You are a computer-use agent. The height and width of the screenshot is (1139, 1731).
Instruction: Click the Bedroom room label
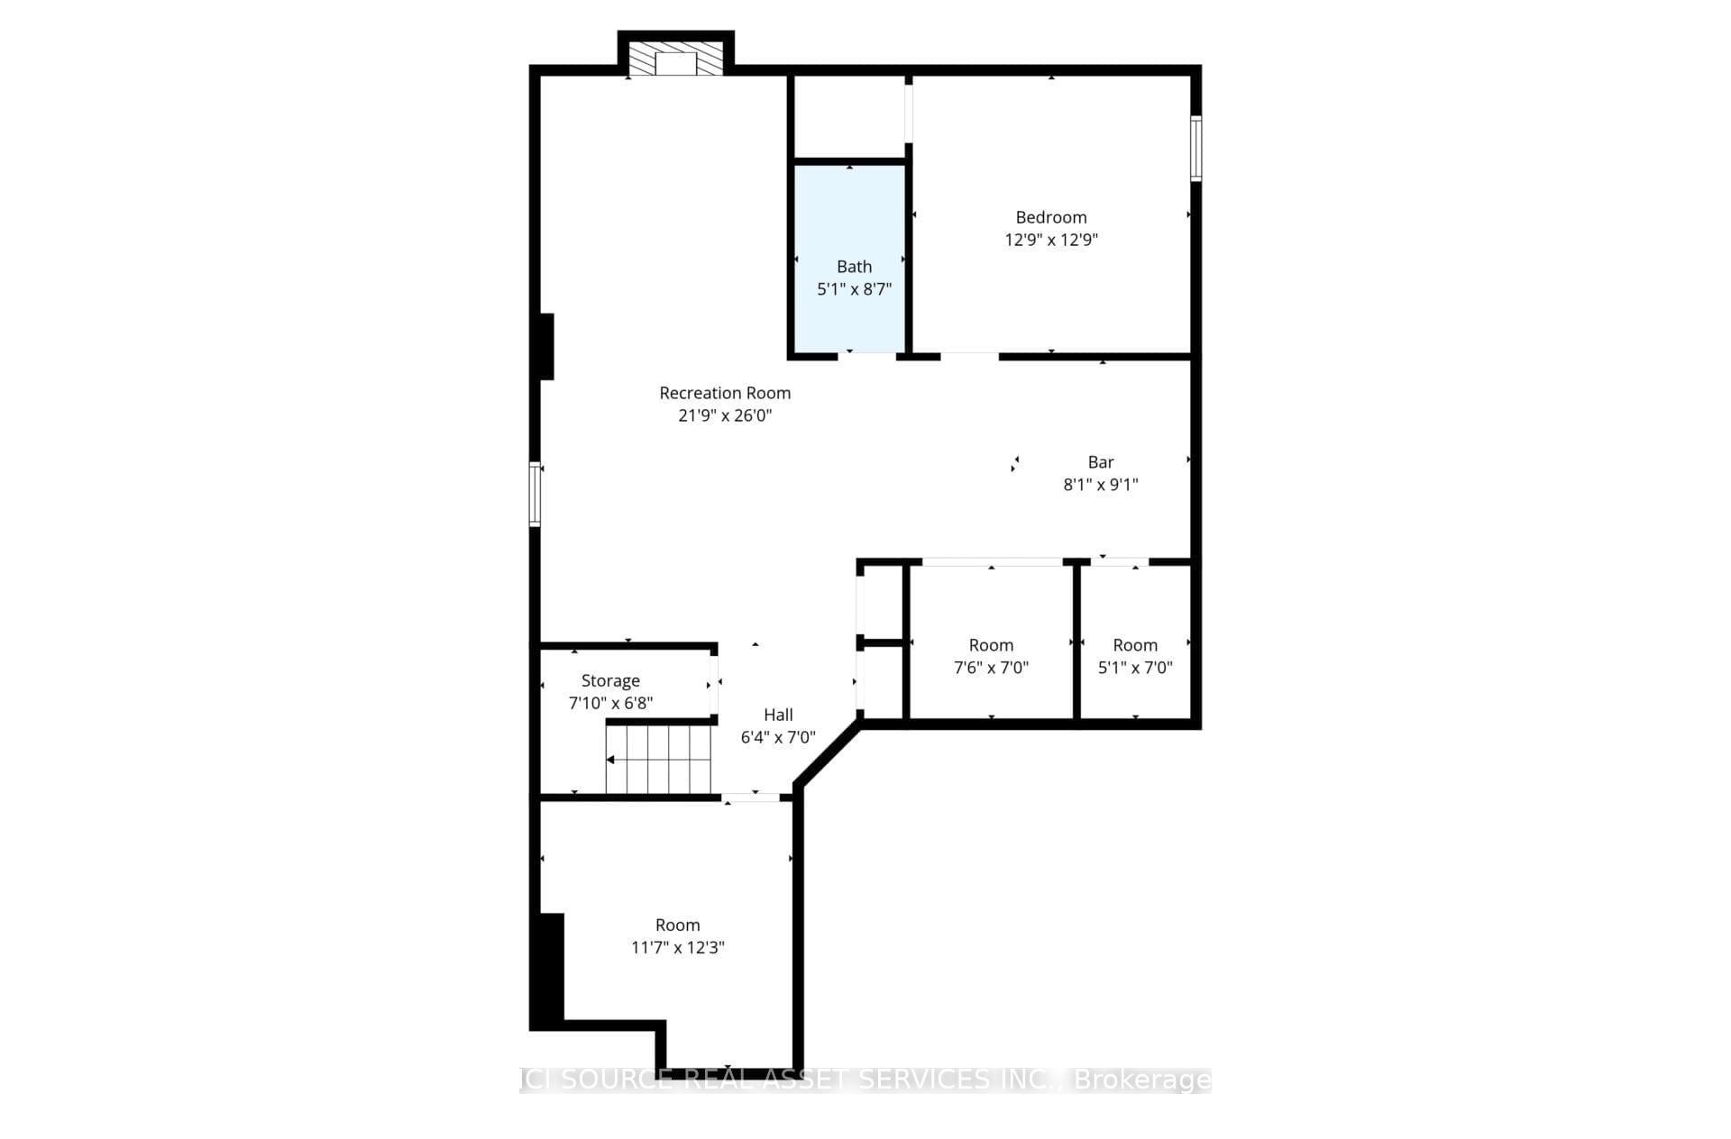[1050, 217]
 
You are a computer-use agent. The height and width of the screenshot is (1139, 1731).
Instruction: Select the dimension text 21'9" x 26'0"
[725, 415]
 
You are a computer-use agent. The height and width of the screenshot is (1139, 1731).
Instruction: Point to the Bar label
[1100, 462]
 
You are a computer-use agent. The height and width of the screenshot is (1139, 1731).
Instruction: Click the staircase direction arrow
[611, 760]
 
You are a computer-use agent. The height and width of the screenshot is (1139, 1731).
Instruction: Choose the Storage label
[610, 680]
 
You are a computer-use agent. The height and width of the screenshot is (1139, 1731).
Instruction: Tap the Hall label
[778, 715]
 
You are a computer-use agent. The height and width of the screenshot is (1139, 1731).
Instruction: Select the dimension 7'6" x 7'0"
[991, 668]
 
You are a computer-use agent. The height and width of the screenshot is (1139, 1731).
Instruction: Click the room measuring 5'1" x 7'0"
[1135, 645]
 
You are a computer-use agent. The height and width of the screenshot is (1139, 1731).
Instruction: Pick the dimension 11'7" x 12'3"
[677, 947]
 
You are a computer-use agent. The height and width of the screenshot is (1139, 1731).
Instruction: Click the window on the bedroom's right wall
[1195, 148]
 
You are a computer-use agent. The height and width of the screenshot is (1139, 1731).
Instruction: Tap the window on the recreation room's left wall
[535, 493]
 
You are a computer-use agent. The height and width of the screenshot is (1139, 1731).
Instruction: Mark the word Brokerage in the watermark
[1141, 1080]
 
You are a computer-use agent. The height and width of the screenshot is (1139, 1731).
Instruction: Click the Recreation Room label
[725, 393]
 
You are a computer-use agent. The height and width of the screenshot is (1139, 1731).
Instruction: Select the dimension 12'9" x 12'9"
[1050, 240]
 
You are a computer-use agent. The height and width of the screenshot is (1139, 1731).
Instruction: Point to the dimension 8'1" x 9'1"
[1100, 485]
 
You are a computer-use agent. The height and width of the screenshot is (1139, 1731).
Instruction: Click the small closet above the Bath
[848, 117]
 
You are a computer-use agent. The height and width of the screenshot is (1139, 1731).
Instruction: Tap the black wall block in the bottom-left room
[551, 969]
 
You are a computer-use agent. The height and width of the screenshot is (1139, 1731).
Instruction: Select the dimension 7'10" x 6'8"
[610, 703]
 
